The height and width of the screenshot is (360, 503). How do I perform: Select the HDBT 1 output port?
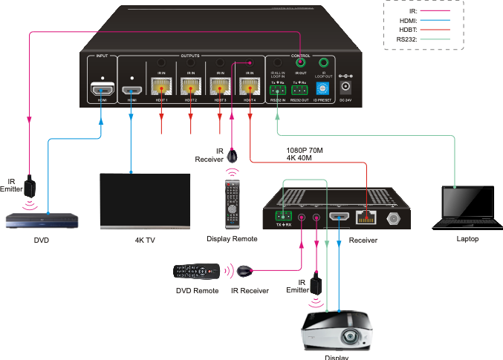point(160,88)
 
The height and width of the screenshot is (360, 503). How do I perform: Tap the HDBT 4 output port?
point(249,88)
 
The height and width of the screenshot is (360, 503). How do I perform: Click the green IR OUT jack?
point(300,64)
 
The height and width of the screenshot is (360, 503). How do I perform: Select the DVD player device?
point(42,220)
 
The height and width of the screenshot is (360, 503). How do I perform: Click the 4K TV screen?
point(145,200)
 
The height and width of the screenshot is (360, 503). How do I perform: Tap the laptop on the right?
point(466,207)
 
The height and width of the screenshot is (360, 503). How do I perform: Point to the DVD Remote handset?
point(196,272)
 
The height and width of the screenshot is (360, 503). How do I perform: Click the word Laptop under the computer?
point(467,238)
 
